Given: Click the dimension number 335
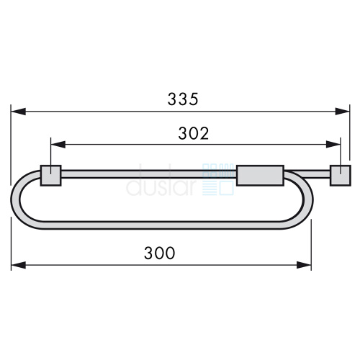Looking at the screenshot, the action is pos(183,99).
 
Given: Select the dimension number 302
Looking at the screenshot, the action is pos(194,133).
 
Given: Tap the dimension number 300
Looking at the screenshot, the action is pos(159,253).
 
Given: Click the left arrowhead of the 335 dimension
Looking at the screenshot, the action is pos(18,112).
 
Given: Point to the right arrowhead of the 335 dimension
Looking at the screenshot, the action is pos(342,112).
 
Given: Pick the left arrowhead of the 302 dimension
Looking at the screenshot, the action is pos(58,145).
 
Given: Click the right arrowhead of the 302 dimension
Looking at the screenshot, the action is pos(333,145).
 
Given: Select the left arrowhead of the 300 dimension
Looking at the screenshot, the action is pos(19,265).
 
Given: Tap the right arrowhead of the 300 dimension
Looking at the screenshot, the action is pos(304,265).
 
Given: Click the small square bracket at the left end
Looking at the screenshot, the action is pos(50,176).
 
